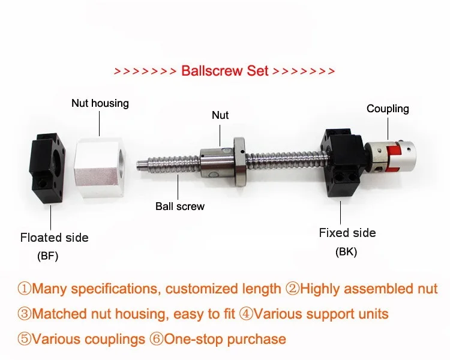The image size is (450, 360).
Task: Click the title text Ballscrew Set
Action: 224,71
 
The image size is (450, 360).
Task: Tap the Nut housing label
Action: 100,103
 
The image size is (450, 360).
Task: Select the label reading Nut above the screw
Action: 220,115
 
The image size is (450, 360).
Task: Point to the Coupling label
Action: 388,109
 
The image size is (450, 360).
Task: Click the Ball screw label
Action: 180,206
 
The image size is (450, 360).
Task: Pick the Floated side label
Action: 54,238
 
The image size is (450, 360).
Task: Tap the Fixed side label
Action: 347,233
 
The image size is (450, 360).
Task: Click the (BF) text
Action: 48,256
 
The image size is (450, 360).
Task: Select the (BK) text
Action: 346,252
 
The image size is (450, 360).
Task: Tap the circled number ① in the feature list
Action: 25,289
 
